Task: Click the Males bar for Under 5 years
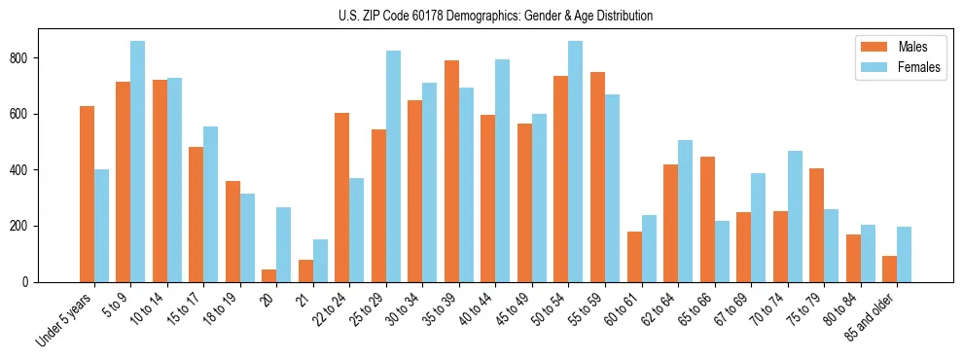pyautogui.click(x=87, y=194)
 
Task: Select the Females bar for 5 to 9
pyautogui.click(x=138, y=162)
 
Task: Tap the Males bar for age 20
pyautogui.click(x=269, y=275)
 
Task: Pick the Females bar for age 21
pyautogui.click(x=320, y=261)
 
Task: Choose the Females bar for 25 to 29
pyautogui.click(x=393, y=166)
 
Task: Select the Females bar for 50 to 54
pyautogui.click(x=576, y=162)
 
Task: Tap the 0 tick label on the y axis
pyautogui.click(x=33, y=282)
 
